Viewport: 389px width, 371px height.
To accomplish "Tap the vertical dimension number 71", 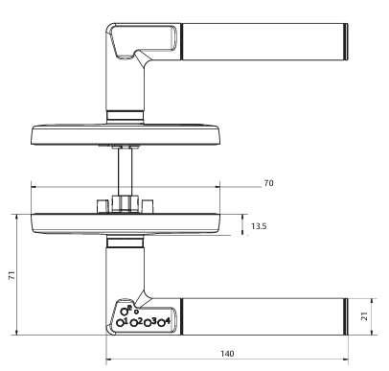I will tap(11, 274).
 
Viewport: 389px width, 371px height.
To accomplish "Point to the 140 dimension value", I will tap(227, 353).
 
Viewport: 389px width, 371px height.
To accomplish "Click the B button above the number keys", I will tap(126, 309).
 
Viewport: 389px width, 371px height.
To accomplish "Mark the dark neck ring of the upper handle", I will tap(126, 116).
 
